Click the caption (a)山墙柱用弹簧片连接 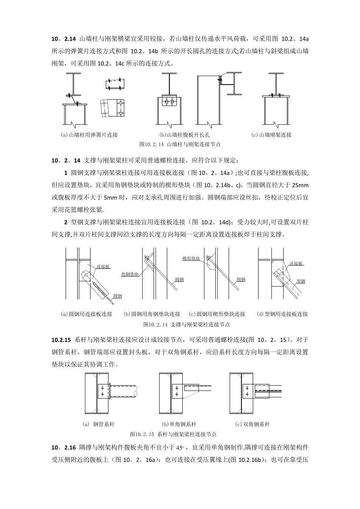point(90,135)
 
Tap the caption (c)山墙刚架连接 point(271,135)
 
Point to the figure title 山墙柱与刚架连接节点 point(180,144)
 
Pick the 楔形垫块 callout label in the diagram point(191,258)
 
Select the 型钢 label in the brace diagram point(301,281)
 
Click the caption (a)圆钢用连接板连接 point(87,314)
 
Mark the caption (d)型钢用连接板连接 point(282,314)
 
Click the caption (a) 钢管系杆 point(99,425)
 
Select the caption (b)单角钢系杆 point(179,425)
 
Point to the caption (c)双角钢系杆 point(253,425)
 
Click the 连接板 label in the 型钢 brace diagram point(296,264)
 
